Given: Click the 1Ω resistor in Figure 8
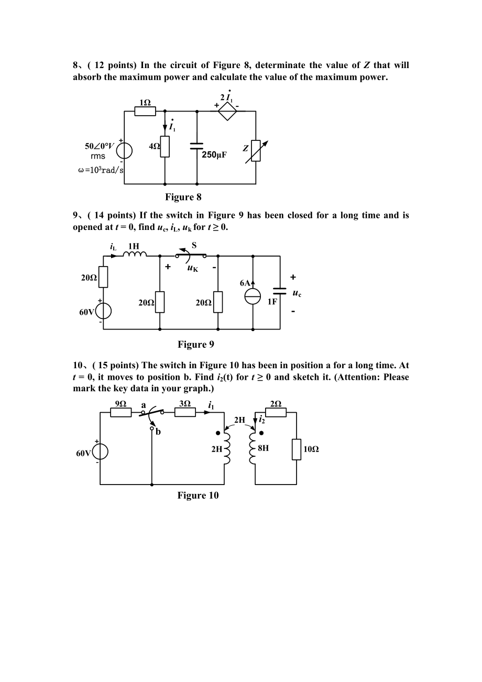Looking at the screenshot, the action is click(145, 111).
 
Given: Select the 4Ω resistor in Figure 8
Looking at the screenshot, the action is click(165, 147).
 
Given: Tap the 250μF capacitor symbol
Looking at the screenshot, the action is click(196, 146).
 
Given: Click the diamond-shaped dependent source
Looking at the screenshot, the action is click(227, 111).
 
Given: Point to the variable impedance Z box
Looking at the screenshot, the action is click(256, 151).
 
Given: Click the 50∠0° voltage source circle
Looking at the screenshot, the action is click(124, 151).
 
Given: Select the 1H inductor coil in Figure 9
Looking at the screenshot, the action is click(135, 254).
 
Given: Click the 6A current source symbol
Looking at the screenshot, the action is click(253, 296).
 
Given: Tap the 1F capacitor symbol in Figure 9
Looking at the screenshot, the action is click(280, 291).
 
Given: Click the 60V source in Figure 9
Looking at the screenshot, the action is click(103, 312).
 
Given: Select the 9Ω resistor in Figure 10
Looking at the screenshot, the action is click(121, 412).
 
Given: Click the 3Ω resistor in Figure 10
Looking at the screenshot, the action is click(185, 412).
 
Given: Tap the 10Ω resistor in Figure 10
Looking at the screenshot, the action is click(296, 449).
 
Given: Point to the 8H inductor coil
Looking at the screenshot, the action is click(253, 448).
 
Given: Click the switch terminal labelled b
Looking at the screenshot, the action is click(151, 428).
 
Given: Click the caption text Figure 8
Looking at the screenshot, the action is click(183, 197).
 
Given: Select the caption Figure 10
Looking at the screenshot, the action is click(198, 496).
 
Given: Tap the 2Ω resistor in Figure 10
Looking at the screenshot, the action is click(276, 412).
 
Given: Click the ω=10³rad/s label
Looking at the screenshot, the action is click(101, 170).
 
